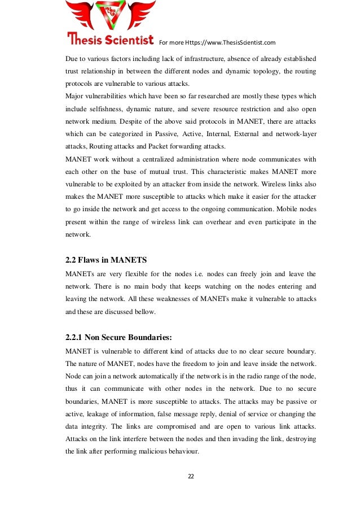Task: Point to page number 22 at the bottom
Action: tap(191, 477)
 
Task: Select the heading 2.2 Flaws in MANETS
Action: tap(107, 260)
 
